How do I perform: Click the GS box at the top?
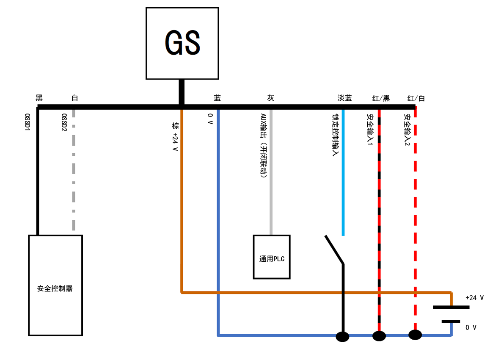click(x=182, y=43)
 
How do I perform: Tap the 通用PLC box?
click(x=272, y=257)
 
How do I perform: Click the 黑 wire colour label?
click(x=39, y=98)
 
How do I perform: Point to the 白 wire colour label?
click(x=74, y=98)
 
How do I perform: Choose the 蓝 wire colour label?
click(x=217, y=98)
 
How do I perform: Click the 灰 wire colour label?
click(x=270, y=98)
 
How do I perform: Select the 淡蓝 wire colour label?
click(x=344, y=98)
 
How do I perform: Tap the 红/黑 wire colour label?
click(x=381, y=98)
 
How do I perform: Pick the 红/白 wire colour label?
click(x=416, y=98)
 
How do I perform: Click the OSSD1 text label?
click(x=27, y=122)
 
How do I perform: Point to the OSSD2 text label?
click(x=64, y=122)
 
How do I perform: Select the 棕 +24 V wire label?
click(x=175, y=136)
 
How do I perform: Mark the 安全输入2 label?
click(x=407, y=130)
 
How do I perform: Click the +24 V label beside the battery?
click(x=474, y=298)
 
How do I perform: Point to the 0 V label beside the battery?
click(x=471, y=327)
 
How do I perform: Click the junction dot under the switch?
click(x=342, y=337)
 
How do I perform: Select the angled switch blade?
click(x=334, y=250)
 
